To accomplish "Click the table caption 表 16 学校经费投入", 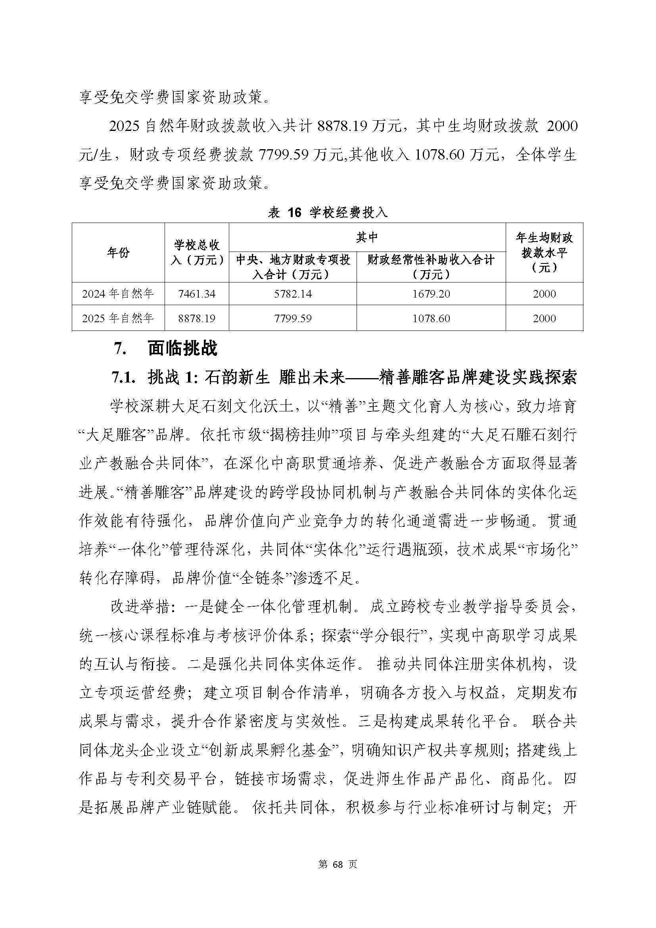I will tap(328, 213).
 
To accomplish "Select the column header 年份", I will tap(118, 253).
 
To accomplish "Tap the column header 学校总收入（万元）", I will tap(197, 253).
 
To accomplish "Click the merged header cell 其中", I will tap(367, 237).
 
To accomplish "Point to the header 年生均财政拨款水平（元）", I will tap(544, 253).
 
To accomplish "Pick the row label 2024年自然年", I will tap(118, 294).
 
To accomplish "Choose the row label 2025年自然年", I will tap(118, 318).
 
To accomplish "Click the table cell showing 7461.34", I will tap(197, 294).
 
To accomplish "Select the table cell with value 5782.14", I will tap(293, 294).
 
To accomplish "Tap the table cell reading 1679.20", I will tap(431, 294).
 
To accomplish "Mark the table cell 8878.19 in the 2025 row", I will tap(197, 318).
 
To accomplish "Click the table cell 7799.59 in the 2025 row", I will tap(293, 318).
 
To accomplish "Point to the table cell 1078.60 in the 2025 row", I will tap(431, 318).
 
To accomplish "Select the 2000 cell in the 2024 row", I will tap(544, 294).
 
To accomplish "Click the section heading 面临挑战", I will tap(182, 348).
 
